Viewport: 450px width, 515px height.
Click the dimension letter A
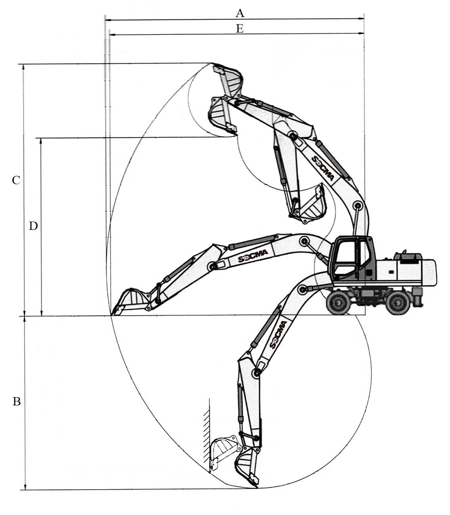(x=240, y=13)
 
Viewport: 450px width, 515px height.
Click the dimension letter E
(x=240, y=29)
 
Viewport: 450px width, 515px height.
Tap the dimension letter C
(x=16, y=180)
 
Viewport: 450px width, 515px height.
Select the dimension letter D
(x=33, y=226)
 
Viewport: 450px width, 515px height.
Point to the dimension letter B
(x=17, y=402)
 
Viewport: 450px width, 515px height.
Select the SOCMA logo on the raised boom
(x=323, y=168)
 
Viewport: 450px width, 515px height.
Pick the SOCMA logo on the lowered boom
(x=278, y=334)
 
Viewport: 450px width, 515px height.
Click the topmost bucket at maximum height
(x=228, y=81)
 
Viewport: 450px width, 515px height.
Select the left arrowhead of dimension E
(x=112, y=34)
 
